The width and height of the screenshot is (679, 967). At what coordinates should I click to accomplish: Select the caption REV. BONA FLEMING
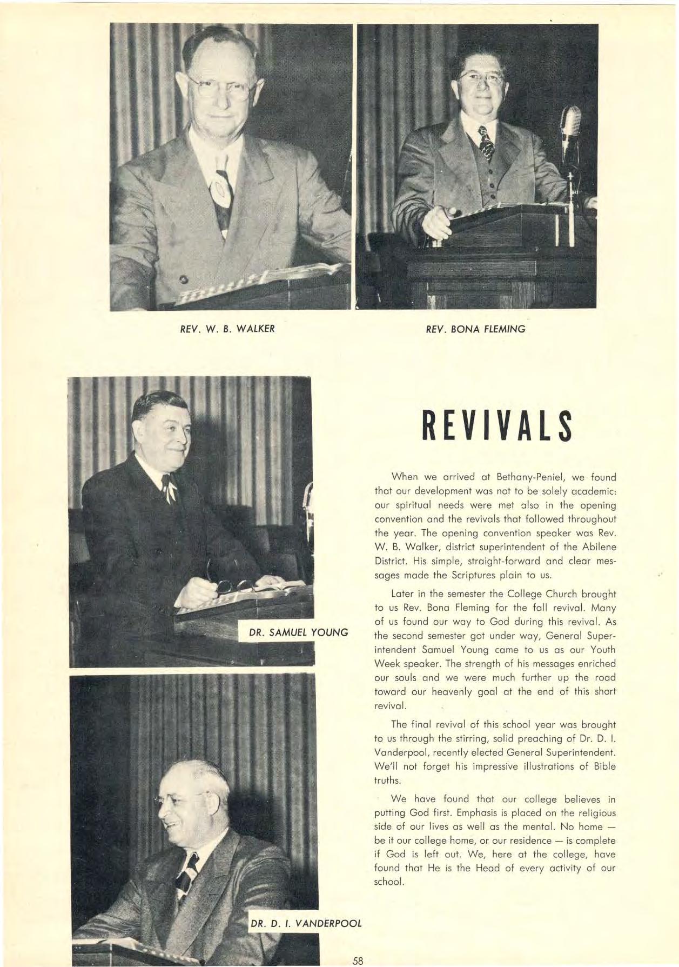(475, 328)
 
